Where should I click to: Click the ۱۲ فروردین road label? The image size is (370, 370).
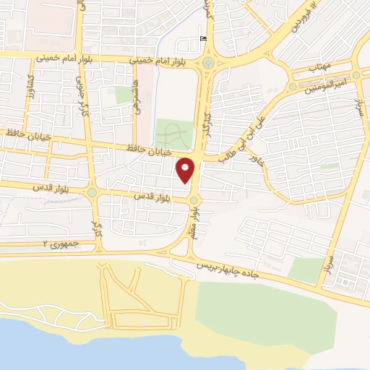(304, 17)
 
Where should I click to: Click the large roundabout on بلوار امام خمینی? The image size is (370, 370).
(209, 63)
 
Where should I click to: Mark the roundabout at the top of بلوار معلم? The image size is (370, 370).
(194, 199)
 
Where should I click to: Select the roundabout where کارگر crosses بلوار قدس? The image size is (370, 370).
(92, 192)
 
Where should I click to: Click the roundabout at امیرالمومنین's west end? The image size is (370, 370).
(292, 87)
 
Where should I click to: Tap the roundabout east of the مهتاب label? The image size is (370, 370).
(356, 74)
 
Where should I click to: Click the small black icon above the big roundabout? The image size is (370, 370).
(202, 39)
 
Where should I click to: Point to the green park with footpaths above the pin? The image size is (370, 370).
(173, 133)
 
